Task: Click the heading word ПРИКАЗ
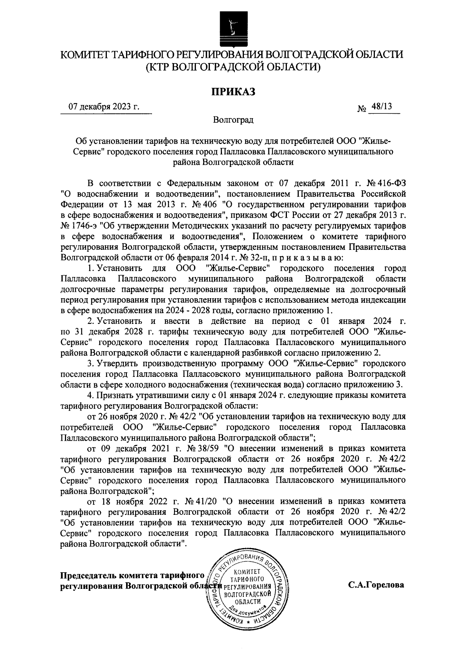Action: coord(233,91)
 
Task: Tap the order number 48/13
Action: coord(381,107)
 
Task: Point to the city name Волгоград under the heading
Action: coord(233,120)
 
